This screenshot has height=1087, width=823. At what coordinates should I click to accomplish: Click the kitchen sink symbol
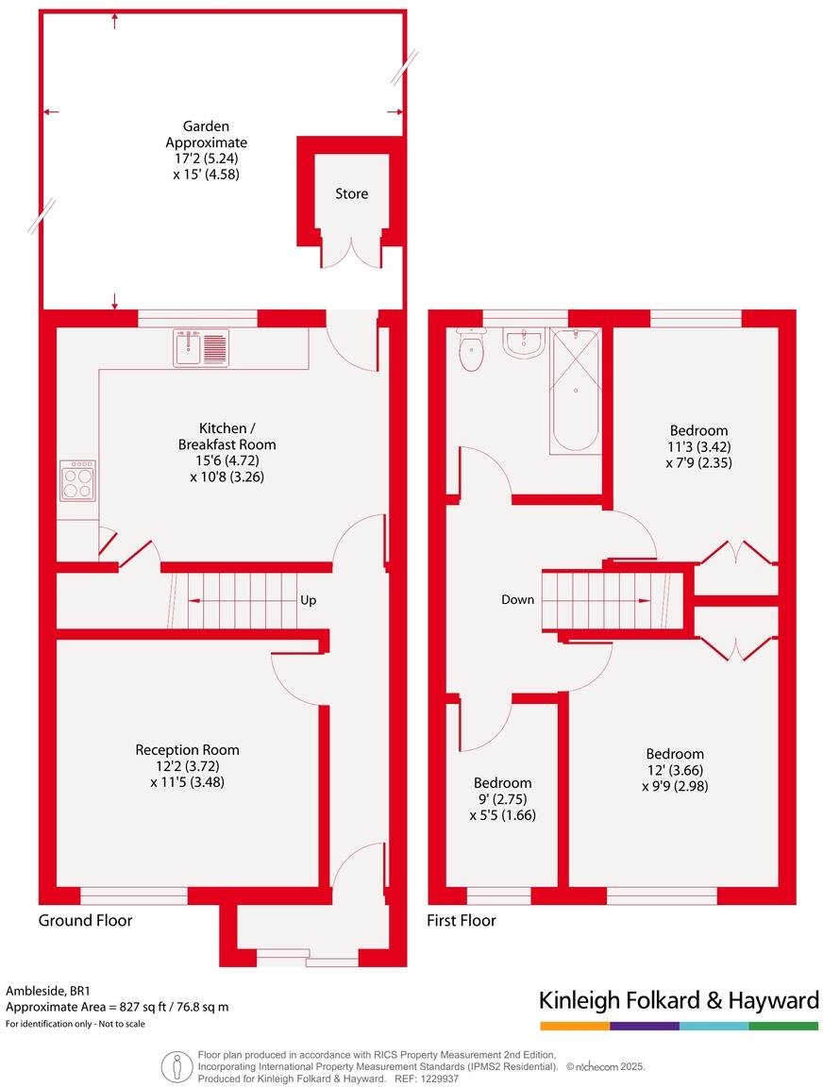(x=200, y=348)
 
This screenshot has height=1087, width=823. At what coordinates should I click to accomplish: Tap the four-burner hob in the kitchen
(x=77, y=480)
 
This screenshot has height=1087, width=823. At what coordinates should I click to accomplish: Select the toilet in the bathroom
(x=470, y=352)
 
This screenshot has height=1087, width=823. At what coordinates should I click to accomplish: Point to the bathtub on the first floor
(x=575, y=390)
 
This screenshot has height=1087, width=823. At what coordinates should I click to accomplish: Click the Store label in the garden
(x=351, y=193)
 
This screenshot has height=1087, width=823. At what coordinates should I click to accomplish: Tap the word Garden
(x=206, y=125)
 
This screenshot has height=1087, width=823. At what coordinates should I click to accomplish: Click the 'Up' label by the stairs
(x=308, y=599)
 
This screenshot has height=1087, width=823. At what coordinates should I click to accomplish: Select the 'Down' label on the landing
(x=517, y=599)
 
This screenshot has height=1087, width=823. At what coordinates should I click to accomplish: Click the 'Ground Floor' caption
(x=85, y=920)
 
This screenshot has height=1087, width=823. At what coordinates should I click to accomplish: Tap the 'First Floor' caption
(x=462, y=920)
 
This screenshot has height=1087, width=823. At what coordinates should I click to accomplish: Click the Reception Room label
(x=187, y=750)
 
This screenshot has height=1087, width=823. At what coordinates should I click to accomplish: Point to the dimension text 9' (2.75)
(x=502, y=799)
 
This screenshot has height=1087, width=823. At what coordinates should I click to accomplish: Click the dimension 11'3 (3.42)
(x=699, y=446)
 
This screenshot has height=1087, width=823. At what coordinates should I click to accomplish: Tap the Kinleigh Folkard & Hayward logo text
(x=678, y=1000)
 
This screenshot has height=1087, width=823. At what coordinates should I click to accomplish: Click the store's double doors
(x=351, y=252)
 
